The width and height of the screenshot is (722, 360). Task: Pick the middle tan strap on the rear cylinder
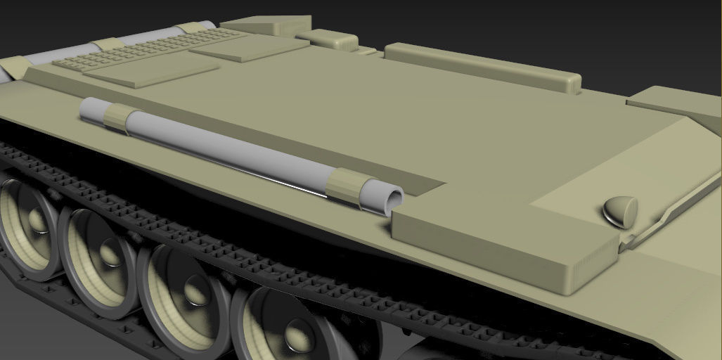105,45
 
